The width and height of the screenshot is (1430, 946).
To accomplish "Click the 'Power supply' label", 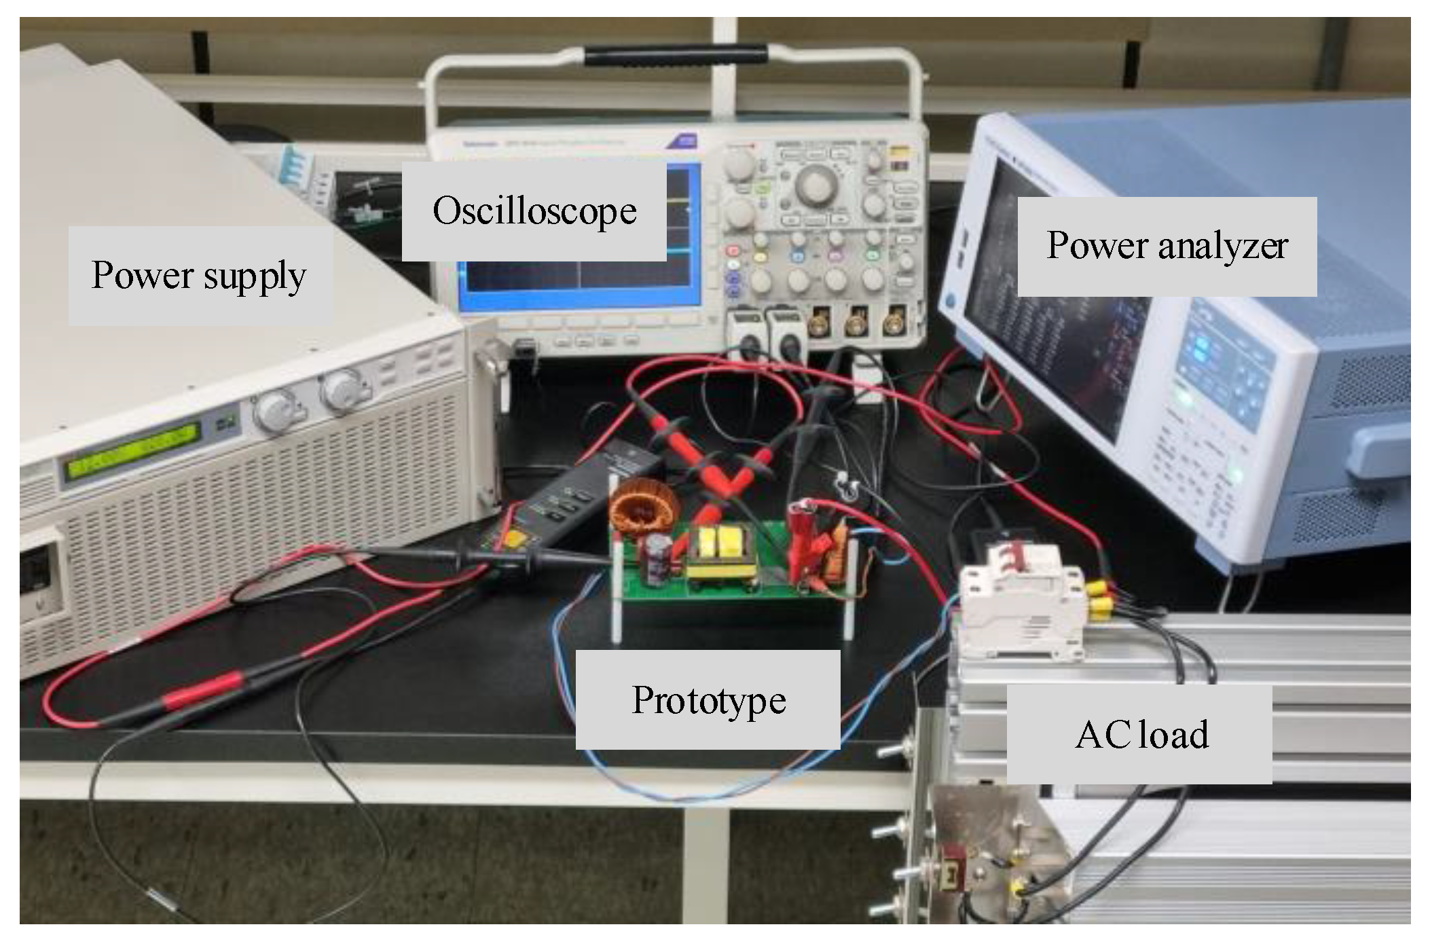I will coord(200,275).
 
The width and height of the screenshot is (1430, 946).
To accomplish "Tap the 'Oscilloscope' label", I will coord(534,211).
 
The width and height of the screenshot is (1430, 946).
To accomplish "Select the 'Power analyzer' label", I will coord(1167,246).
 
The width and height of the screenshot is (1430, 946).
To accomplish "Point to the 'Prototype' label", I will coord(708,699).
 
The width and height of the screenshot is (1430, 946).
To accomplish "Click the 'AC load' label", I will coord(1141,734).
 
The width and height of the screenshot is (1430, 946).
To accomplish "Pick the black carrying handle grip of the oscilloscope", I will coord(676,55).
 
